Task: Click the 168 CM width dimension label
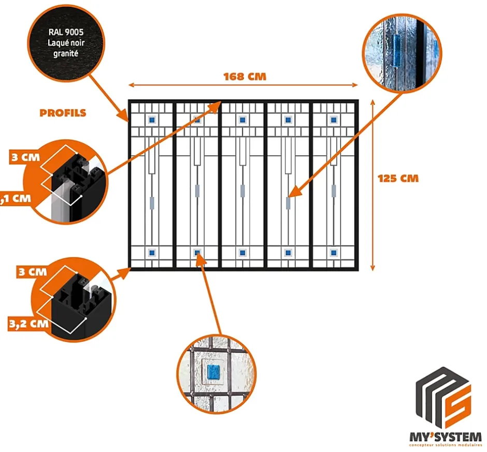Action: [245, 77]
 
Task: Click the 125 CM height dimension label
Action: [397, 179]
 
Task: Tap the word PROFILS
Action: [63, 113]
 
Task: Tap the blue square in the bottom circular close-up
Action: [214, 371]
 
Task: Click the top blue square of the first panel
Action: [152, 120]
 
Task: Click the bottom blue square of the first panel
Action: [152, 253]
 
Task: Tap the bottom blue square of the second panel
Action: [197, 253]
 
